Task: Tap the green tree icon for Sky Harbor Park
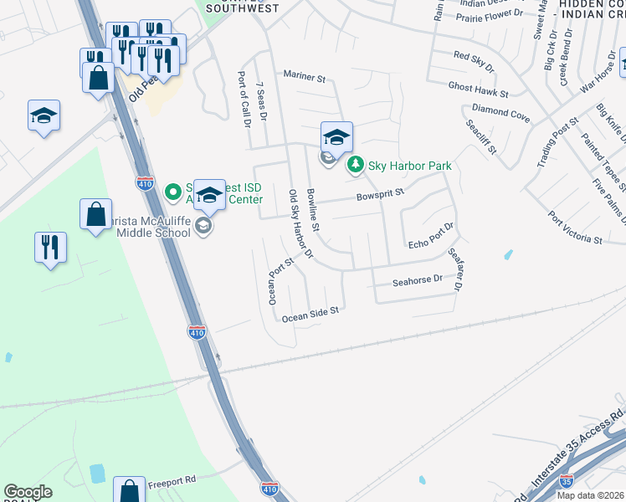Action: coord(356,165)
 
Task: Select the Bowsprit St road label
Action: coord(380,194)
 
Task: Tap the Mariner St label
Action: coord(304,76)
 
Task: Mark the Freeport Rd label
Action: coord(172,481)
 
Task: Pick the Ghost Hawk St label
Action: coord(478,87)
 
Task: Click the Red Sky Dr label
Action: coord(474,59)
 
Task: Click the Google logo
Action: coord(28,492)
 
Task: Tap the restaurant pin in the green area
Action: coord(51,248)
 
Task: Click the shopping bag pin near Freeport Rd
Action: coord(128,490)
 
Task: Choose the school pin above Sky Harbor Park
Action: coord(336,137)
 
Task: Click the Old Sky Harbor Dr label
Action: coord(300,223)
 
